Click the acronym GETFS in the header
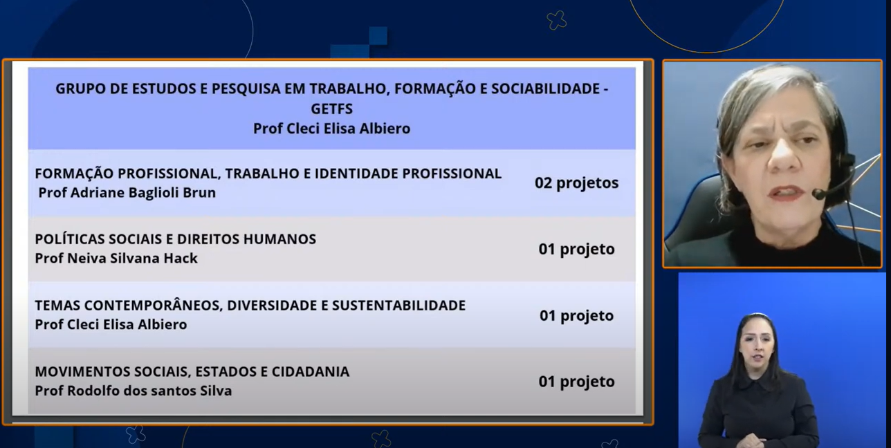(332, 109)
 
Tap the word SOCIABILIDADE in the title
(546, 88)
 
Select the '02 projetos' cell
(577, 183)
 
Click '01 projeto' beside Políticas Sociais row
(577, 250)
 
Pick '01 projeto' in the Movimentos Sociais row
(577, 382)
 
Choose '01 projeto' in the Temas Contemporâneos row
(577, 316)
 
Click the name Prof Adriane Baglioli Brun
(127, 193)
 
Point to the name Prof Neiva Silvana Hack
(116, 259)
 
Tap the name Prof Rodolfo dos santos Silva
(134, 391)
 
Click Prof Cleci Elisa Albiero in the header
(332, 129)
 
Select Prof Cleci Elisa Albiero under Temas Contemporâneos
(111, 325)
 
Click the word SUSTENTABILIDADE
(399, 306)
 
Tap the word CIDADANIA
(311, 372)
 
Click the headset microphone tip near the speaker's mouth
(818, 194)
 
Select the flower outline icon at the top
(557, 20)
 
